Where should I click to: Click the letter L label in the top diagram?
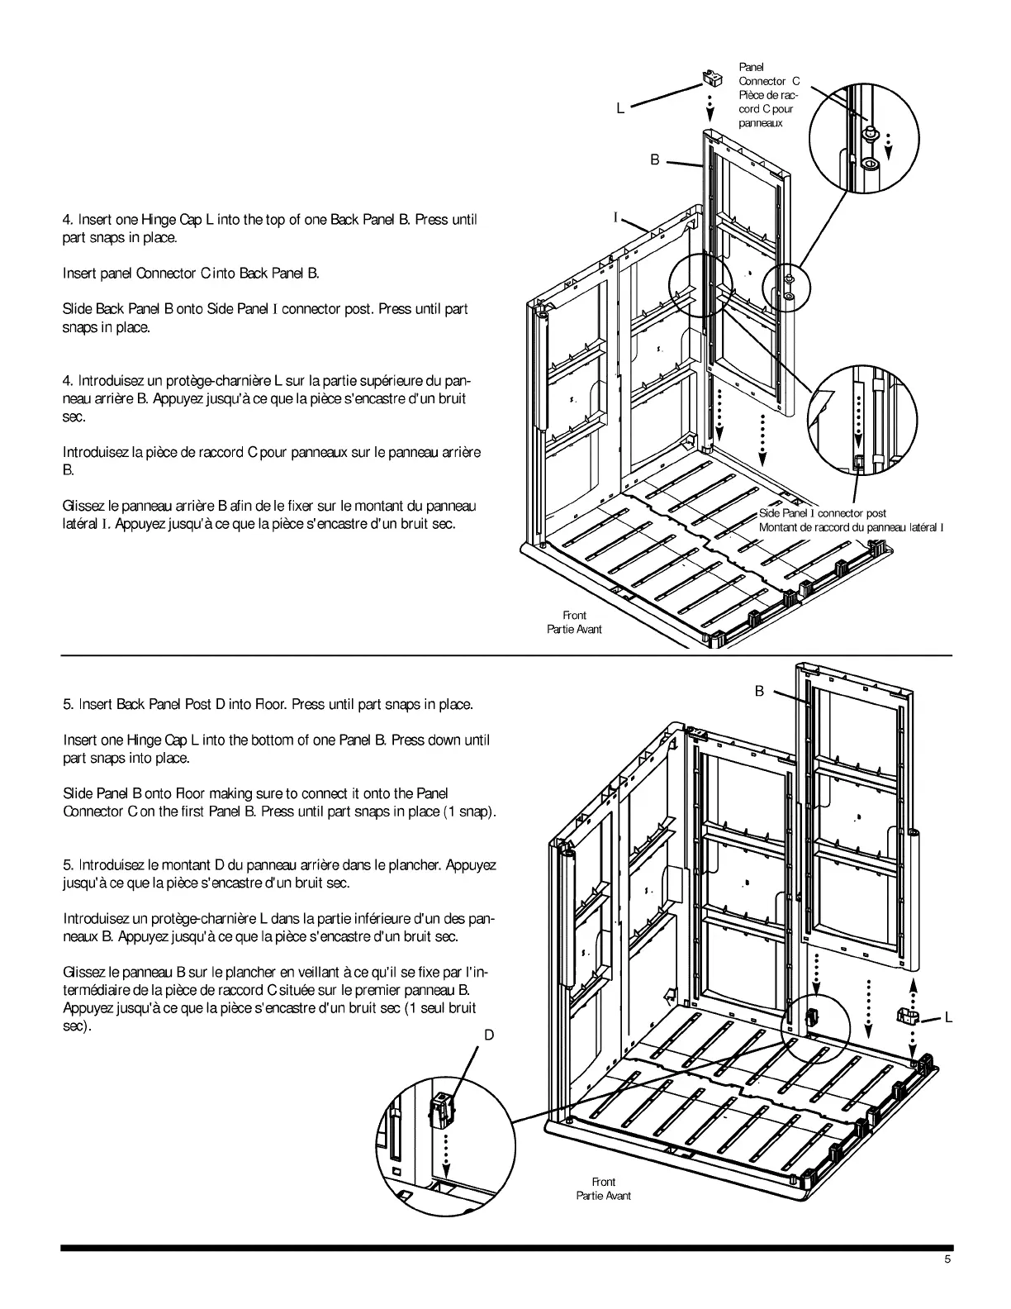click(620, 108)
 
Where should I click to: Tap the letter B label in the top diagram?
click(655, 160)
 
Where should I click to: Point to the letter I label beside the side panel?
click(615, 217)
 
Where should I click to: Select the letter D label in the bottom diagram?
click(489, 1035)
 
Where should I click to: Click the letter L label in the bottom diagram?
click(949, 1018)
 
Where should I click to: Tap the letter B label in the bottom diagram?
click(759, 691)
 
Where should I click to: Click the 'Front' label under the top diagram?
click(574, 615)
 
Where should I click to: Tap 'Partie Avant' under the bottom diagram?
click(604, 1196)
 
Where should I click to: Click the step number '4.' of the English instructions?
click(69, 220)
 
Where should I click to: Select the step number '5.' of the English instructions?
click(69, 704)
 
